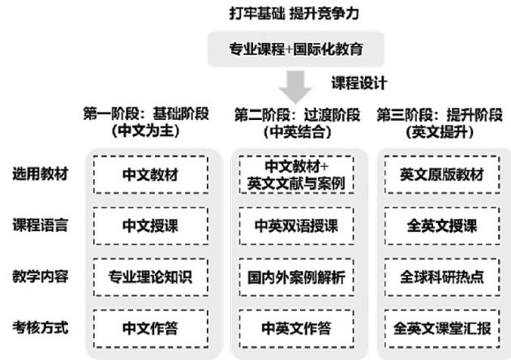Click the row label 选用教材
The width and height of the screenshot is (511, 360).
(40, 174)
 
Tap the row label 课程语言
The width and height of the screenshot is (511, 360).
(40, 225)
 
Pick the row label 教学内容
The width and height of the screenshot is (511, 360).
(40, 276)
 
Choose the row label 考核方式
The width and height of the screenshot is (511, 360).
(40, 328)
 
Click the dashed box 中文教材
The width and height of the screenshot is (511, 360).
(151, 174)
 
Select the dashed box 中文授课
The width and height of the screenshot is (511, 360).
(151, 225)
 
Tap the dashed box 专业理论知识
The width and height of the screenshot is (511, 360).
(151, 276)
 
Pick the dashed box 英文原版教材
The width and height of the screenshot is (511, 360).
(442, 174)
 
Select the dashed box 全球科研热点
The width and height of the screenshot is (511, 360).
(442, 276)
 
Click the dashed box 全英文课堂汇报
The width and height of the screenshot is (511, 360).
(442, 328)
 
